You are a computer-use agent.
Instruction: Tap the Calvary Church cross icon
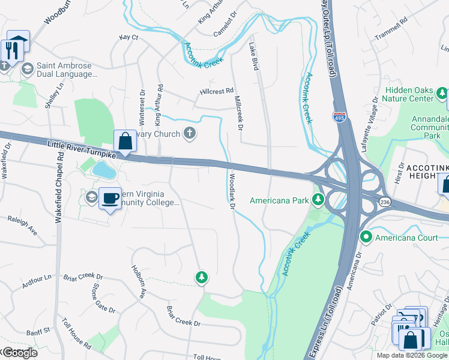pos(190,134)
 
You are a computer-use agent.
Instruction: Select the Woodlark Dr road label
pos(231,192)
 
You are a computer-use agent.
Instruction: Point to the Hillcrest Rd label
pos(216,92)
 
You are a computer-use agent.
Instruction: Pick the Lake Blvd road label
pos(253,56)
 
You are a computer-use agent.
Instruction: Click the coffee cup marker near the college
pos(109,198)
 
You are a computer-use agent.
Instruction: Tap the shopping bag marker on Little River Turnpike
pos(125,142)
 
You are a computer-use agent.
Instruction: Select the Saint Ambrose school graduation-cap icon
pos(26,69)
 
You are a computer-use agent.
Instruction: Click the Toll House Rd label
pos(76,339)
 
